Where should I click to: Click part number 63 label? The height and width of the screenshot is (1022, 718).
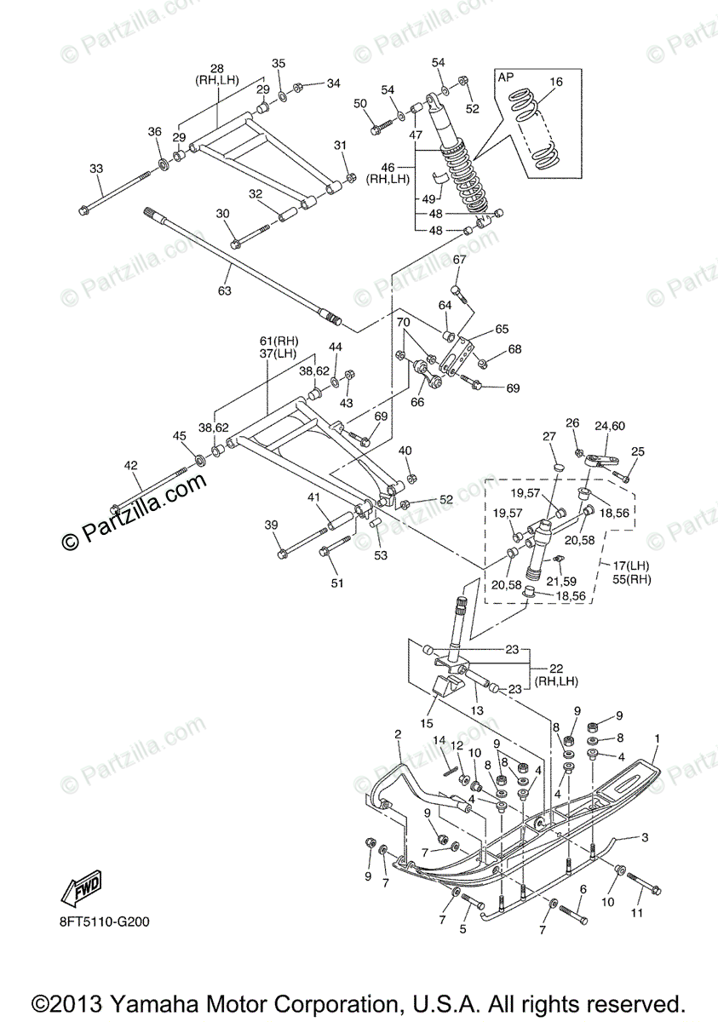tap(224, 291)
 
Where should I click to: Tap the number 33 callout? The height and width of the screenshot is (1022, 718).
tap(95, 169)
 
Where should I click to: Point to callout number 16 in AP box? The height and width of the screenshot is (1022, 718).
tap(556, 83)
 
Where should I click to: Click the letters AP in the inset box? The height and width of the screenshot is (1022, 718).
tap(507, 77)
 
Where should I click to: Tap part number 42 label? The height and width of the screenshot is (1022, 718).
tap(130, 465)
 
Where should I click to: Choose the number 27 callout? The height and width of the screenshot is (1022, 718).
tap(549, 437)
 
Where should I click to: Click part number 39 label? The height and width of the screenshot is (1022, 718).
tap(271, 525)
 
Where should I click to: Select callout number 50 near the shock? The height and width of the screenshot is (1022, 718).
tap(360, 103)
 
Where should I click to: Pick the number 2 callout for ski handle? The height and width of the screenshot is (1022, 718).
tap(397, 734)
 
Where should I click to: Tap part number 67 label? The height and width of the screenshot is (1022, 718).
tap(459, 260)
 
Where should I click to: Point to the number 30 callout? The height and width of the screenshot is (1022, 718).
tap(223, 214)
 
